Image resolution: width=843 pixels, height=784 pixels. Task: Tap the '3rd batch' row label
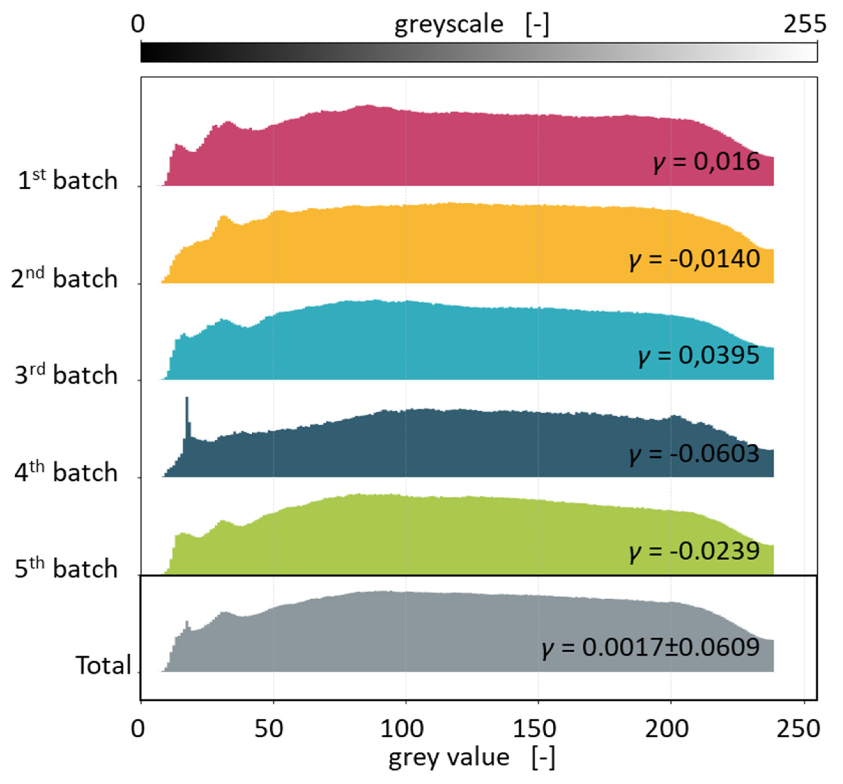[66, 375]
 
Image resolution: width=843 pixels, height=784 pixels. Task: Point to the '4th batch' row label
[66, 472]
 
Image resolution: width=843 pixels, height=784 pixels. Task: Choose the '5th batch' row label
[66, 569]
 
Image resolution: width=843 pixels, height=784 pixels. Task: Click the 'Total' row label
[103, 665]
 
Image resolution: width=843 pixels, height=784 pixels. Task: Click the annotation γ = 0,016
[706, 162]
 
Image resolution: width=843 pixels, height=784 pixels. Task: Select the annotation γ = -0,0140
[694, 259]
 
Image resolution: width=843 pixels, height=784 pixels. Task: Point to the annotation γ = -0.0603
[694, 454]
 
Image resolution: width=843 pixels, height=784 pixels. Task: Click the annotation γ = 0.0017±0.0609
[650, 648]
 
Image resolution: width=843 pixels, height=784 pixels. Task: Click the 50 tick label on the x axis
[269, 729]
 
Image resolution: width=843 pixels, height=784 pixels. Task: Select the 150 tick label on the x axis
[534, 729]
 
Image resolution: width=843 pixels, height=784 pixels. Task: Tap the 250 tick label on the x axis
[798, 729]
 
